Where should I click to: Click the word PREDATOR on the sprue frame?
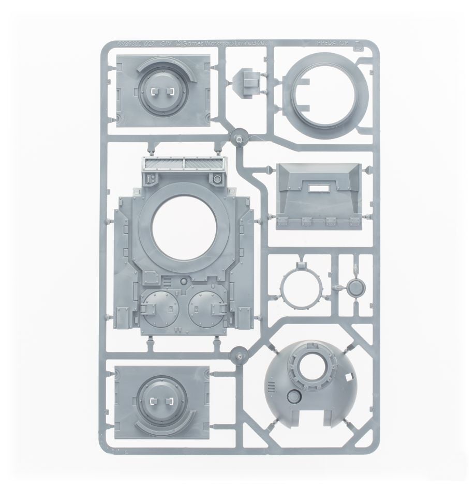point(335,45)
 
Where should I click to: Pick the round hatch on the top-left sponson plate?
point(160,91)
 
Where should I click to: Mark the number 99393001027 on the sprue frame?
point(135,45)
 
